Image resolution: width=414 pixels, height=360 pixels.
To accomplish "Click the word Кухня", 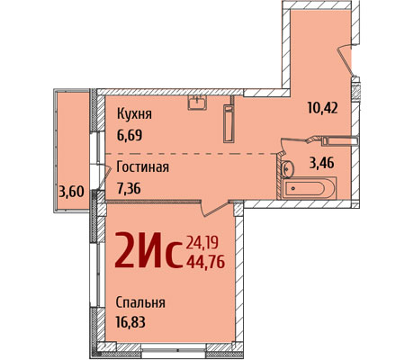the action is (x=134, y=114).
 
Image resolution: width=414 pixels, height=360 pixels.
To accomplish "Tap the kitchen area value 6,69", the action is (x=130, y=136).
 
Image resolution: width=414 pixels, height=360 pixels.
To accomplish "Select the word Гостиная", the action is (x=142, y=167).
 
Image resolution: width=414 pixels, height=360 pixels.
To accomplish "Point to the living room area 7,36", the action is (x=129, y=188).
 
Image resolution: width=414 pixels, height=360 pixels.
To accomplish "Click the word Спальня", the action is (x=140, y=302).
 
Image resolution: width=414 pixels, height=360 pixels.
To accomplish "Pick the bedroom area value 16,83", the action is (x=130, y=322).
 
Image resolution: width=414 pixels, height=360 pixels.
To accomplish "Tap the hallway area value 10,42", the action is (x=322, y=108).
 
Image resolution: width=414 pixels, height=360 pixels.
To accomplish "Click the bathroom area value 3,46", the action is (x=321, y=164).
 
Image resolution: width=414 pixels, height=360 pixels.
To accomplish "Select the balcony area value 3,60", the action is (x=71, y=192).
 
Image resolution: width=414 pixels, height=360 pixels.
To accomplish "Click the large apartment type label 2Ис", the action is (x=148, y=250).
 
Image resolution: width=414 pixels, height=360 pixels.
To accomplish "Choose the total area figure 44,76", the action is (x=205, y=263).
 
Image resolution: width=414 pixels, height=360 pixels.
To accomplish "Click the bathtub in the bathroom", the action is (x=309, y=188).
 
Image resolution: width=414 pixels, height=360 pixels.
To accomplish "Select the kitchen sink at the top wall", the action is (x=197, y=103).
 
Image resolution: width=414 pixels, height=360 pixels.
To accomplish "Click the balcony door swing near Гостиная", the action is (x=103, y=178).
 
